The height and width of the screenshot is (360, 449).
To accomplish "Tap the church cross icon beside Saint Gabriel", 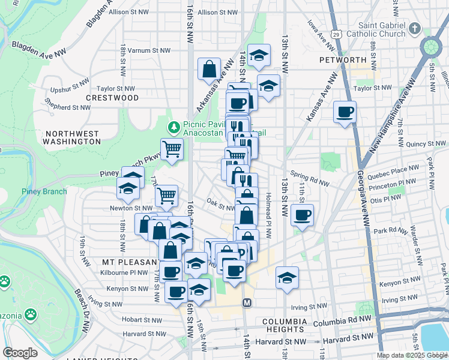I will (414, 28).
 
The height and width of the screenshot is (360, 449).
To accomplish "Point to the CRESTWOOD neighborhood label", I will (112, 98).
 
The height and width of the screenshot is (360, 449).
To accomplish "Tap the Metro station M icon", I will (246, 304).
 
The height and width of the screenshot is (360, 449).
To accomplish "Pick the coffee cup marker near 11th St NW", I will (303, 214).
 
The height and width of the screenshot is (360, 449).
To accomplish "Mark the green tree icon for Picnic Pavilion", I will (173, 127).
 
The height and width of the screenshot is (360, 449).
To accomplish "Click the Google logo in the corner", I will (20, 353).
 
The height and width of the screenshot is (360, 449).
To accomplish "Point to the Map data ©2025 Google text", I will (412, 355).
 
